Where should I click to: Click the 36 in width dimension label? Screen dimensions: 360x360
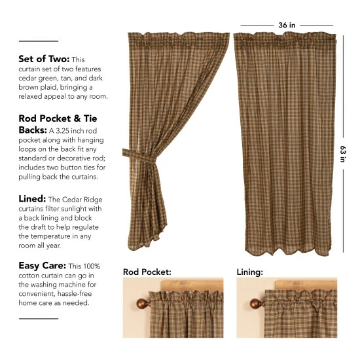pyautogui.click(x=287, y=25)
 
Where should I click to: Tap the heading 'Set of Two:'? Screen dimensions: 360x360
pyautogui.click(x=43, y=59)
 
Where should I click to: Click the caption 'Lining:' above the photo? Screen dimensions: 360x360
pyautogui.click(x=251, y=270)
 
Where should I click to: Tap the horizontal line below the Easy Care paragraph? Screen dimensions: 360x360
pyautogui.click(x=39, y=319)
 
